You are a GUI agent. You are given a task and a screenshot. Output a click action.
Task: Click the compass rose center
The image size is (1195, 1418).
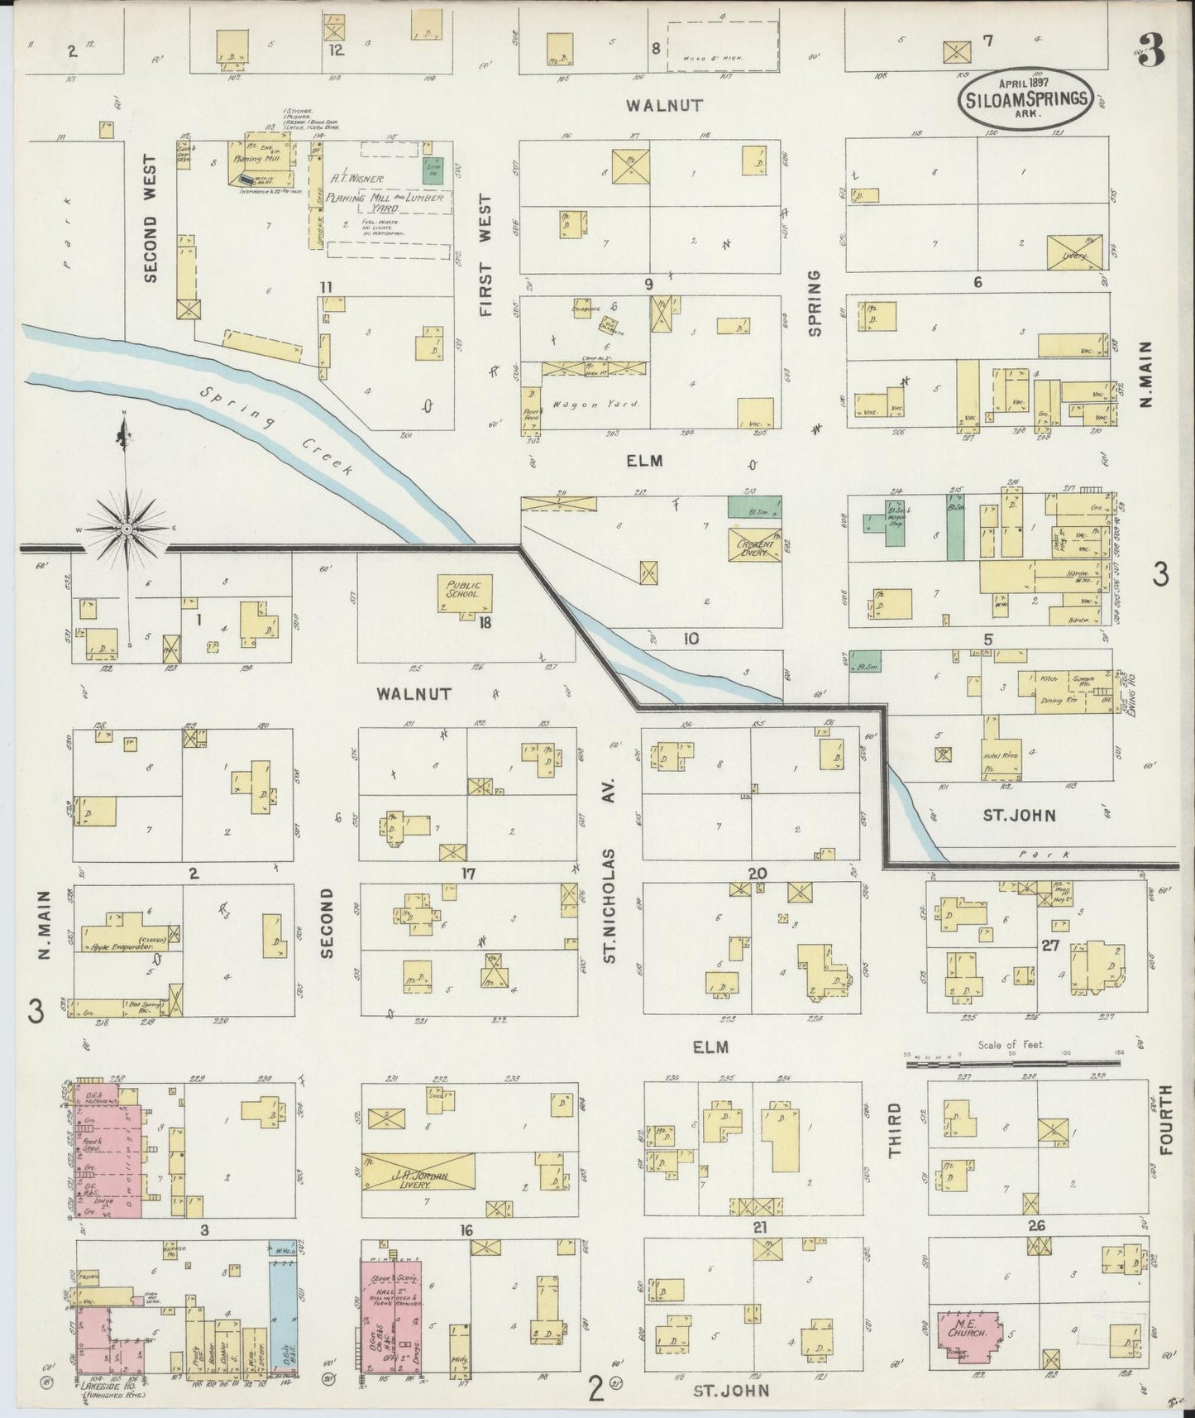click(127, 528)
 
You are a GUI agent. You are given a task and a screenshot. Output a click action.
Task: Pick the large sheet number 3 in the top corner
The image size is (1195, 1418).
click(1154, 50)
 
